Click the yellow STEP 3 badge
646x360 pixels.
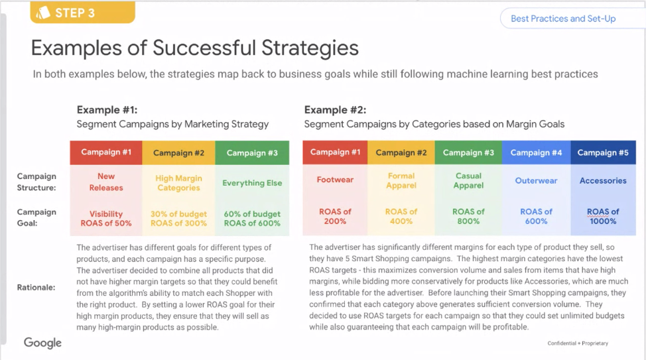tap(82, 13)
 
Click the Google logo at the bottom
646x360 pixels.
tap(43, 343)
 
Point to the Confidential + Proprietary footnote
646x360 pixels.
tap(578, 343)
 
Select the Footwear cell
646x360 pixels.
tap(335, 180)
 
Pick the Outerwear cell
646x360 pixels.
tap(536, 180)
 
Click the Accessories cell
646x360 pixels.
tap(603, 180)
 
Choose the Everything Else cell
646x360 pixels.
tap(252, 183)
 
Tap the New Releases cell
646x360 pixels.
tap(106, 182)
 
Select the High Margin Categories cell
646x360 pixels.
tap(178, 183)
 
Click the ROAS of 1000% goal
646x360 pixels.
tap(603, 216)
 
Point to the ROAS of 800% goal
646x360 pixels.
tap(468, 216)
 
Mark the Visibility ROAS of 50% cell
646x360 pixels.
tap(106, 219)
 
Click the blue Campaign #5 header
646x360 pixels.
tap(603, 152)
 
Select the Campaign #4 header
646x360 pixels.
tap(536, 152)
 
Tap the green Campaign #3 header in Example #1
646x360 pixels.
tap(252, 152)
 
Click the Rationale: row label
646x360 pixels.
tap(36, 288)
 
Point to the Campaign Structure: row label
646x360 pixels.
tap(36, 182)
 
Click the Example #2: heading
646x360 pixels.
tap(335, 110)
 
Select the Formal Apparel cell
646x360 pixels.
tap(401, 180)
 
